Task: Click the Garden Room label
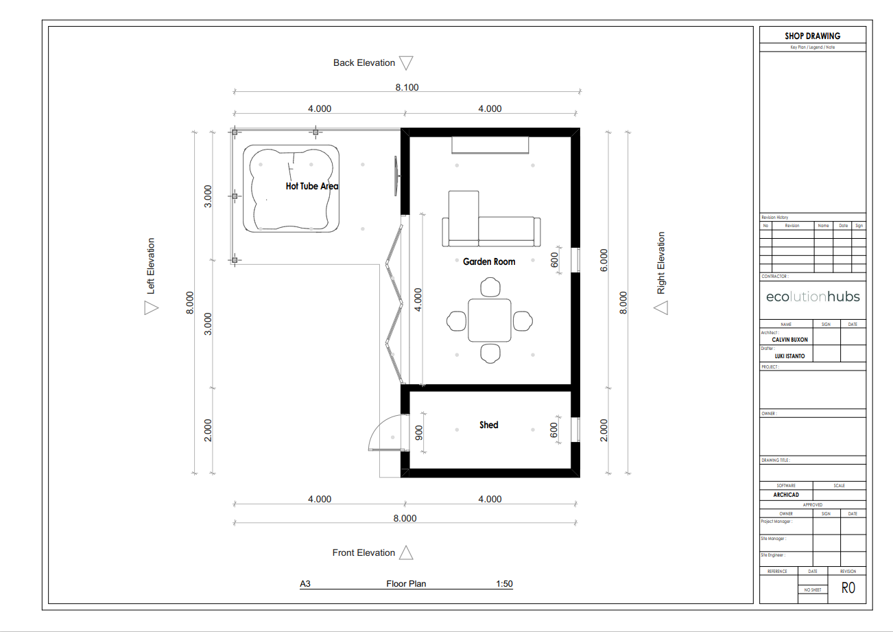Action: [x=489, y=261]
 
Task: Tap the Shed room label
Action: [x=489, y=425]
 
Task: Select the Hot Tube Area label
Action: [x=312, y=186]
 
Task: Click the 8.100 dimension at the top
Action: [x=407, y=87]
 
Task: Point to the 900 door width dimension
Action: [x=418, y=433]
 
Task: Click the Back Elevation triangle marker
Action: [x=406, y=63]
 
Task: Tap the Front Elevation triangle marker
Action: [x=406, y=552]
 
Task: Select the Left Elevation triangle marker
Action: [x=151, y=308]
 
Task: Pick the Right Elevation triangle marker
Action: [x=661, y=308]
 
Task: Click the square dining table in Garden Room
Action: [x=490, y=320]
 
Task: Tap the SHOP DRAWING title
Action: [x=813, y=36]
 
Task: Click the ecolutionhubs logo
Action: [x=813, y=296]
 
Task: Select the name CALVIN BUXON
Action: [x=789, y=340]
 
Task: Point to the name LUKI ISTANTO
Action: [x=789, y=356]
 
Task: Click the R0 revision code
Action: [x=848, y=588]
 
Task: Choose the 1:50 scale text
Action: [x=504, y=584]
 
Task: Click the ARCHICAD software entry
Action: [x=786, y=495]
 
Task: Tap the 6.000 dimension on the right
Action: [x=604, y=260]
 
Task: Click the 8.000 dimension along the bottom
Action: [x=405, y=518]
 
